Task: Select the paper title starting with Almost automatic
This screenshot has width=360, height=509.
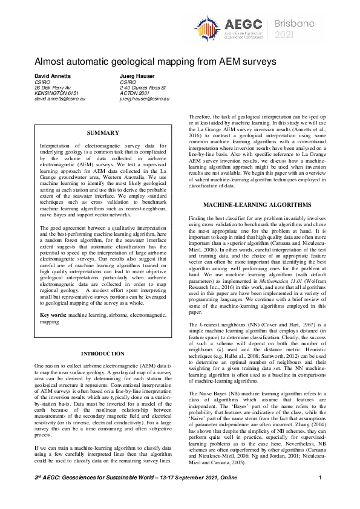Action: click(x=155, y=62)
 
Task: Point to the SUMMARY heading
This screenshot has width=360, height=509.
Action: click(x=103, y=132)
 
